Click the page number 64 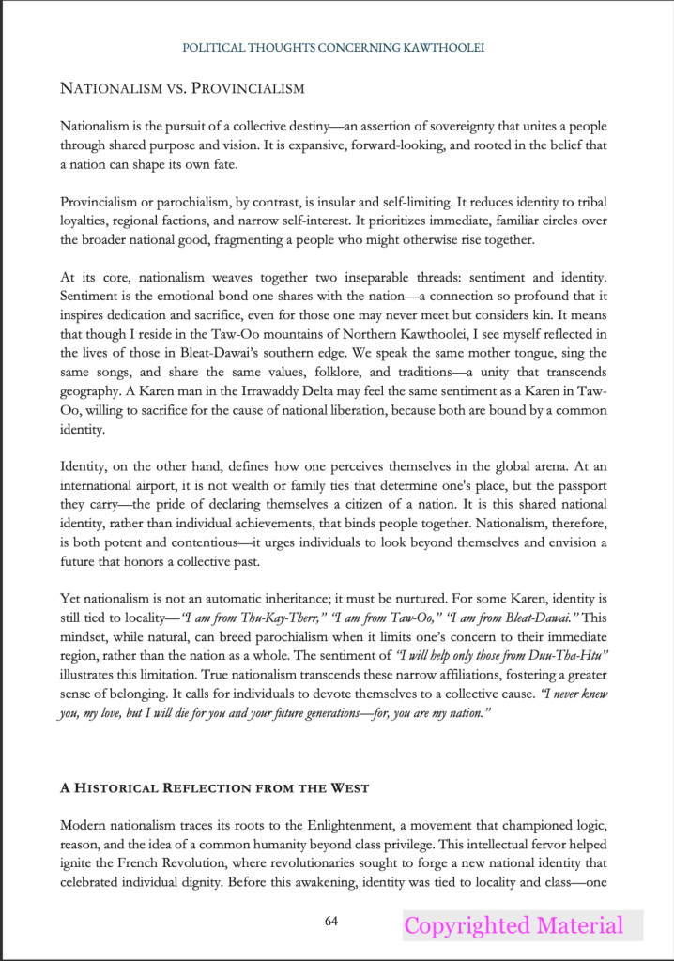tap(331, 921)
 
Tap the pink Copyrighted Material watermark tap(513, 926)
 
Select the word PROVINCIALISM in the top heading tap(246, 89)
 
